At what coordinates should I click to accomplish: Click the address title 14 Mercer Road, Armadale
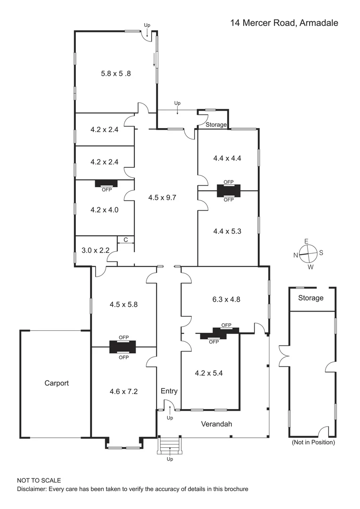tap(284, 23)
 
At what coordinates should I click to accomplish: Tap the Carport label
tap(57, 383)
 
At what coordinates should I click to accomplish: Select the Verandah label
tap(217, 424)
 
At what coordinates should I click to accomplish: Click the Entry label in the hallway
tap(169, 391)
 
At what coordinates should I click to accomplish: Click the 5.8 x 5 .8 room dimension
tap(116, 74)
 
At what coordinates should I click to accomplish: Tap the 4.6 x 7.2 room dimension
tap(123, 391)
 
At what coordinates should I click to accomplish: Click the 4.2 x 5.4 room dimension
tap(209, 373)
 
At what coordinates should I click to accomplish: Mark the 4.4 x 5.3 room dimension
tap(227, 231)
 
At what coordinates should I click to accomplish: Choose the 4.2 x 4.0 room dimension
tap(104, 210)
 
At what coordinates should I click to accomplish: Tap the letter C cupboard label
tap(126, 240)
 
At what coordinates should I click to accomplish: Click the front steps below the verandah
tap(170, 445)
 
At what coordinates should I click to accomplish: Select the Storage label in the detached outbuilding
tap(311, 298)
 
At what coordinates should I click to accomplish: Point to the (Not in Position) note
tap(313, 443)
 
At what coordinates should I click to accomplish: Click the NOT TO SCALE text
tap(39, 481)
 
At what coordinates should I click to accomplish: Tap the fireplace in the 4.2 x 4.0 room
tap(107, 183)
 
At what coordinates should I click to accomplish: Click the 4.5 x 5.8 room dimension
tap(123, 304)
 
